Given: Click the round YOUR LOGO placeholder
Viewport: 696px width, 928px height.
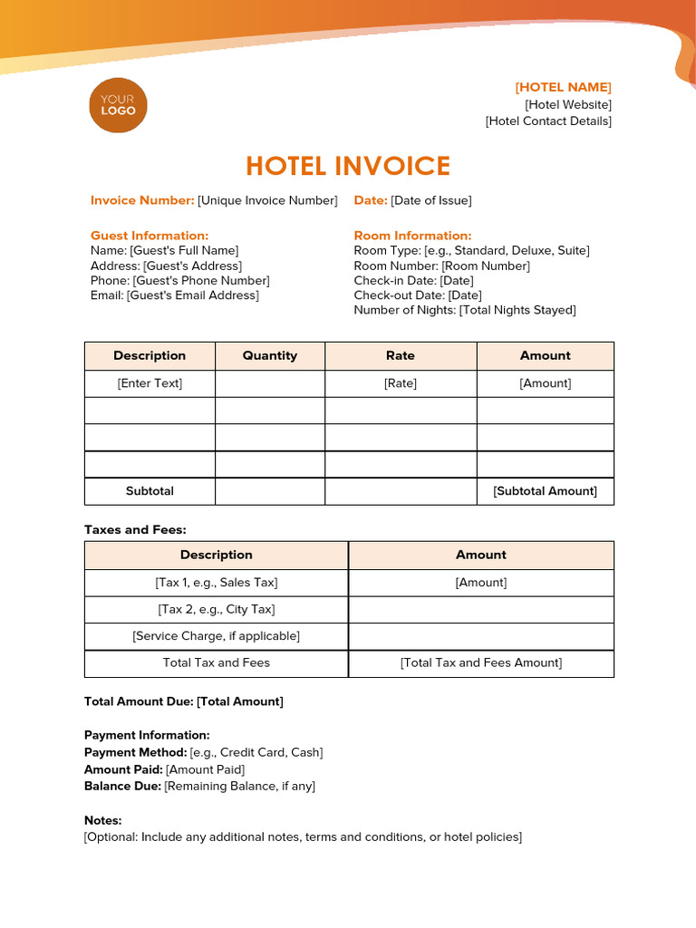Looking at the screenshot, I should click(118, 105).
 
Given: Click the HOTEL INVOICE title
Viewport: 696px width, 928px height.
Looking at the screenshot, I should click(348, 166).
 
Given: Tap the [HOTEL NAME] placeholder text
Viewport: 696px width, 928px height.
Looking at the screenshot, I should click(563, 87).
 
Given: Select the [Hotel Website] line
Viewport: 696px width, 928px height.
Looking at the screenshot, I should click(568, 104).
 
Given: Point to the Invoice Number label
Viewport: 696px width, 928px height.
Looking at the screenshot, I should click(142, 200).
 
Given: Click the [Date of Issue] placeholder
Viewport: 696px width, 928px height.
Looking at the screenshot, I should click(431, 200).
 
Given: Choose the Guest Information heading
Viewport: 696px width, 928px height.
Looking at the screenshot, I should click(150, 236).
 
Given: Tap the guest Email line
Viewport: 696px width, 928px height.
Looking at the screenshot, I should click(175, 295).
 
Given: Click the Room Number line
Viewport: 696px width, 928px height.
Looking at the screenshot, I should click(441, 266).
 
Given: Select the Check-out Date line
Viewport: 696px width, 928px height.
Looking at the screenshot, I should click(418, 295).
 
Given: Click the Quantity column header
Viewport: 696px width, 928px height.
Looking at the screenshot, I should click(270, 355).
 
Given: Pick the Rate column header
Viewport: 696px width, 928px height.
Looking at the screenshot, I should click(401, 355).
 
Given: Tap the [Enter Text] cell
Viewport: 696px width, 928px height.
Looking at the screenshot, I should click(150, 383).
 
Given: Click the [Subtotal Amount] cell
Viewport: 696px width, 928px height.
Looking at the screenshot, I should click(545, 491).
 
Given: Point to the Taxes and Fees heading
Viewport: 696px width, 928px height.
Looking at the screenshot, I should click(135, 529).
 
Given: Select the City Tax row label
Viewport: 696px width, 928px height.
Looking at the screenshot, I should click(217, 609).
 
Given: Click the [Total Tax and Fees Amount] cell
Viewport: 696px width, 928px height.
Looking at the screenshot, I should click(481, 662).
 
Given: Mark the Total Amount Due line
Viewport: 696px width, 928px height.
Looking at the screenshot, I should click(184, 701).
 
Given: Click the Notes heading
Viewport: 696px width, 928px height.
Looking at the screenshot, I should click(102, 820).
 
